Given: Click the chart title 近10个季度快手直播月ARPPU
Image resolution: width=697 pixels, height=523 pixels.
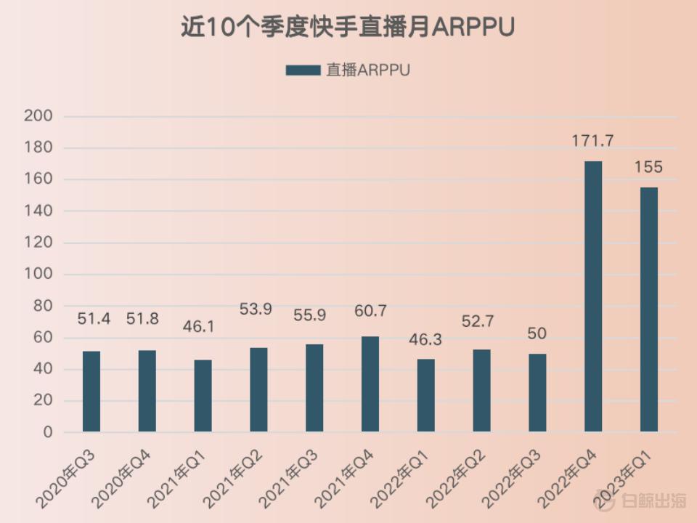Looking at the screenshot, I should [x=348, y=27].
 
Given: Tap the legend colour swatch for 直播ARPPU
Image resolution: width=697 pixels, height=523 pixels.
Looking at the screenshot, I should [x=303, y=70].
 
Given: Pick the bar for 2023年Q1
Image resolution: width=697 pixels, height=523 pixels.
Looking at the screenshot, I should [x=648, y=309].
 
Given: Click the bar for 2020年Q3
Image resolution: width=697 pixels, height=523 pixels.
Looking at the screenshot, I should [x=91, y=392].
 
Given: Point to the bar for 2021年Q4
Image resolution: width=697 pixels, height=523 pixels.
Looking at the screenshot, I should [x=370, y=384].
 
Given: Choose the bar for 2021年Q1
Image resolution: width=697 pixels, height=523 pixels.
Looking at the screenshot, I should [x=203, y=396].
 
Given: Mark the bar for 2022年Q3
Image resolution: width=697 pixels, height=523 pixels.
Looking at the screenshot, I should [x=537, y=393].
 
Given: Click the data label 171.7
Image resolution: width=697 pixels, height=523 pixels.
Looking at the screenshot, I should [x=592, y=141].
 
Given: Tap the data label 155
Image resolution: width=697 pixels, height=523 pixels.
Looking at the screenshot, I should [x=648, y=167].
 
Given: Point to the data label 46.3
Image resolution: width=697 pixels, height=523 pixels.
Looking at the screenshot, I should [x=425, y=339].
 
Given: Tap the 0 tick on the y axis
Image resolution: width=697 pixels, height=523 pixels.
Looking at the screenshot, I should [x=48, y=432].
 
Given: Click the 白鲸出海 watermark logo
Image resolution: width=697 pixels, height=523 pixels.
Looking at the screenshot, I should [x=640, y=500].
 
